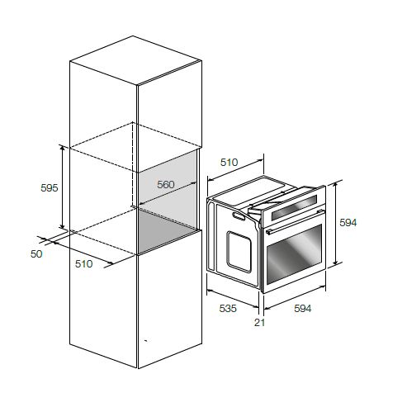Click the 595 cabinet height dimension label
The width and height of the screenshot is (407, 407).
point(50,188)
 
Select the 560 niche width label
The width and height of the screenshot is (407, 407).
point(166,184)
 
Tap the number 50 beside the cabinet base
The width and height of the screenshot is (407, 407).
point(36,254)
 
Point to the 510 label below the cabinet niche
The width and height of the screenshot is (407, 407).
point(83,264)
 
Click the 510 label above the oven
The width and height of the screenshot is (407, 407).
point(229,163)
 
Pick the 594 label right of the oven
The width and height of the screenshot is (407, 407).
point(348,222)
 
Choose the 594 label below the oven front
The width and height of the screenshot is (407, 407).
point(303,309)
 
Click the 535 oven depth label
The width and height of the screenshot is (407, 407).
point(228,309)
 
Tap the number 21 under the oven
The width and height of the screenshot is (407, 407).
point(259,323)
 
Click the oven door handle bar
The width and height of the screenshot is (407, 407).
point(295,222)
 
